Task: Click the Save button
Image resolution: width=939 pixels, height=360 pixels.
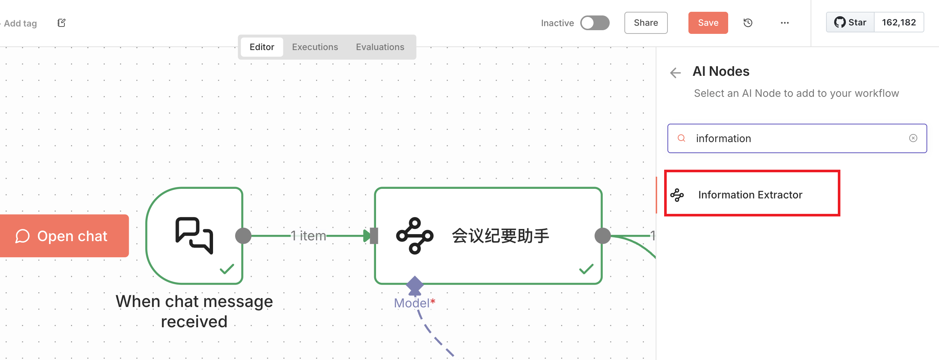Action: click(708, 23)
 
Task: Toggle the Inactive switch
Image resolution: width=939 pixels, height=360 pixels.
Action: click(595, 23)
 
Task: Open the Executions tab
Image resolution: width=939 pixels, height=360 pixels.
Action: click(315, 47)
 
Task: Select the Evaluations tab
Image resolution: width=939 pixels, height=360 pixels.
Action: click(380, 47)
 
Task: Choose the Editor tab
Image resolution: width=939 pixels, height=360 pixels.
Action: click(262, 47)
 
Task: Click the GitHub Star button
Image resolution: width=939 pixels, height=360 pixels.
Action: click(850, 22)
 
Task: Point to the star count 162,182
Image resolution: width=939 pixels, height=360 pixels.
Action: click(899, 22)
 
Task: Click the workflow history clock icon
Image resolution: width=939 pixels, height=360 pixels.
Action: click(748, 23)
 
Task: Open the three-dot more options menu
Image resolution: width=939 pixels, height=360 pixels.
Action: click(784, 23)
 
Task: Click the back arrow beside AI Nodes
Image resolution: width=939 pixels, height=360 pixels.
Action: click(676, 73)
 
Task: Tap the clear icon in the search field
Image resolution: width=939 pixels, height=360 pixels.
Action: click(913, 138)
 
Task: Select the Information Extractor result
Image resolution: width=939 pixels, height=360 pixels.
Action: click(751, 194)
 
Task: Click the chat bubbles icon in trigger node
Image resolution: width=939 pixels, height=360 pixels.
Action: click(194, 235)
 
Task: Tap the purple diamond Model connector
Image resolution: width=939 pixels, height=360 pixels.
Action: click(415, 285)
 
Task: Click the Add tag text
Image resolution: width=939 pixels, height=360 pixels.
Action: click(20, 23)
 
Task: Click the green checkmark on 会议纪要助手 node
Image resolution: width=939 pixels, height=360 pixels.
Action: click(586, 269)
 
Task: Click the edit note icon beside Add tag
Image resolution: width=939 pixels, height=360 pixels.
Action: click(61, 23)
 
